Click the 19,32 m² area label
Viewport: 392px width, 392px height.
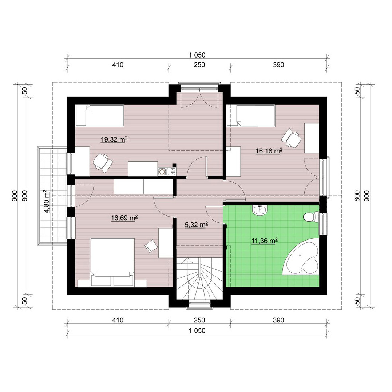tap(114, 139)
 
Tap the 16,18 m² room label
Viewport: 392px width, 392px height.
tap(269, 151)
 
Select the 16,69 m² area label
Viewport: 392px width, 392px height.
tap(124, 218)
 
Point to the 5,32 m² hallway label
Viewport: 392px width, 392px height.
tap(196, 225)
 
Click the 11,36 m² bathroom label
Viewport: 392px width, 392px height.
tap(265, 241)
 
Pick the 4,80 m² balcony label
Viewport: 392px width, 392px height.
tap(47, 201)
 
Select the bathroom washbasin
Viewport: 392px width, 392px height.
tap(260, 210)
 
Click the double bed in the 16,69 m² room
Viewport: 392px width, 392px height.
tap(112, 262)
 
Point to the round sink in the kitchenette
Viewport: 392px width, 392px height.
tap(162, 171)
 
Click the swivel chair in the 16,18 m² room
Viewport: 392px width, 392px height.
tap(291, 138)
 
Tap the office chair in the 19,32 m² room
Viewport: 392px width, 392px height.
tap(103, 163)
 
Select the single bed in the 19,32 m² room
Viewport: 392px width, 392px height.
tap(100, 115)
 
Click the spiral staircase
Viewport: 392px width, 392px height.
tap(199, 278)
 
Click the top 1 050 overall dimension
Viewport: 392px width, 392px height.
tap(197, 55)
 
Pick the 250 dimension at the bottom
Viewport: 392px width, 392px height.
tap(199, 320)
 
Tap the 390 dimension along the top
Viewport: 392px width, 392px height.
tap(278, 65)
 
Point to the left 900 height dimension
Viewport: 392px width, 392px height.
tap(15, 196)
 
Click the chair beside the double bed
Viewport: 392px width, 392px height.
tap(151, 246)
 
